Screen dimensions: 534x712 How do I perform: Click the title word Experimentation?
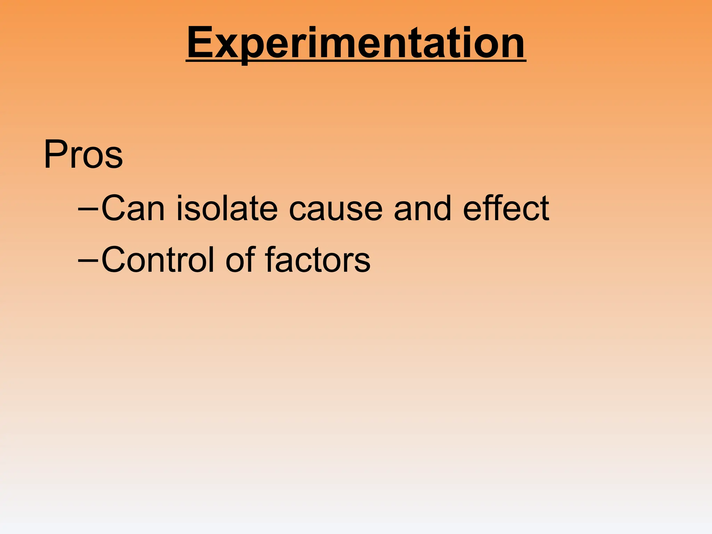click(356, 43)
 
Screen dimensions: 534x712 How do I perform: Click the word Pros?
click(83, 154)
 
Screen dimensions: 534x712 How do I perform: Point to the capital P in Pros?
click(55, 154)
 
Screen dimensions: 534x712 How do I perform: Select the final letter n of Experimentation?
click(511, 47)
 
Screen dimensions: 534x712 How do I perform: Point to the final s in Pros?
click(114, 159)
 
